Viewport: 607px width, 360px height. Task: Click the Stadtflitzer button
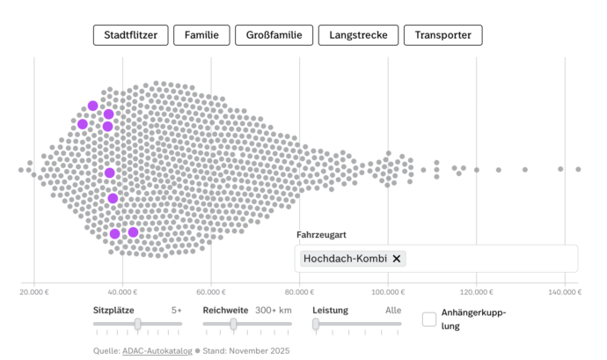[129, 35]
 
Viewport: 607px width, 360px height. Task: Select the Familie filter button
[201, 35]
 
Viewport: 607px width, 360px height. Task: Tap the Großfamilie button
[274, 35]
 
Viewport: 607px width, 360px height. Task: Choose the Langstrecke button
[357, 35]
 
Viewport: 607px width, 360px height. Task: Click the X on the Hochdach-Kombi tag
[397, 259]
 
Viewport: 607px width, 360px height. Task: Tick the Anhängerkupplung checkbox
[429, 319]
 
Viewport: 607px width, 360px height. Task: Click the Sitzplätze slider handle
[137, 324]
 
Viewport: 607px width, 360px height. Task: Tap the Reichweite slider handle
[233, 324]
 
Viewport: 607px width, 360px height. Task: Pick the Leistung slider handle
[316, 324]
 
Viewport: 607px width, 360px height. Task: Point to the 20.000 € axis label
[34, 291]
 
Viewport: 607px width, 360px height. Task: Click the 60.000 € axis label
[211, 291]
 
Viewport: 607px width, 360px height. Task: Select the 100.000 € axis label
[387, 291]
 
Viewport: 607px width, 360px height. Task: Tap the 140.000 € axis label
[564, 291]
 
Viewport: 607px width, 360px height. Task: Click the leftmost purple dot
[83, 124]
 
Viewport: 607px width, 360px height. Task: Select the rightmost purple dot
[133, 232]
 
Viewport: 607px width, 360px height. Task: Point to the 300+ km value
[273, 310]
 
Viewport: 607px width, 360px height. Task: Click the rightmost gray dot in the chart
[578, 169]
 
